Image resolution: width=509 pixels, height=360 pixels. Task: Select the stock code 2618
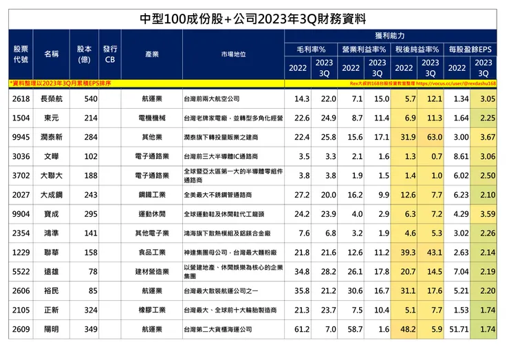21,99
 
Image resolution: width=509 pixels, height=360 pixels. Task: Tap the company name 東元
52,118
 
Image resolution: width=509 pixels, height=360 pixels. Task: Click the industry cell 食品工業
153,253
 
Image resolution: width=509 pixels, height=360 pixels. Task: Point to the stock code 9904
21,214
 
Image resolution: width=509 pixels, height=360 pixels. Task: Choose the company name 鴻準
52,233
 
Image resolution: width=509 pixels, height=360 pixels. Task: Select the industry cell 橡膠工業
153,310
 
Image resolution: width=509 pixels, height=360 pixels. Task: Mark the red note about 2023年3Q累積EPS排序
62,83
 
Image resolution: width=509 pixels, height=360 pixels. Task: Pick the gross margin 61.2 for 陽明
301,329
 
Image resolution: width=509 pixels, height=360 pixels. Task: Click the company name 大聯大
52,176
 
